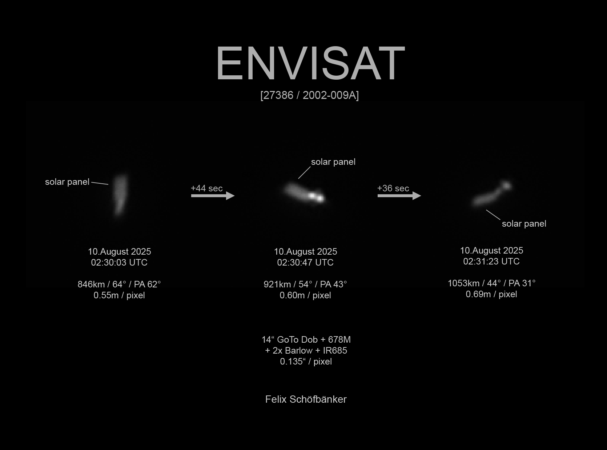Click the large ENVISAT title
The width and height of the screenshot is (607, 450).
310,63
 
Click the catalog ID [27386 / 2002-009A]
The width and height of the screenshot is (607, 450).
310,95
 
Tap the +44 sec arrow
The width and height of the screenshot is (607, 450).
213,196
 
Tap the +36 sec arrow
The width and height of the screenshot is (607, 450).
399,196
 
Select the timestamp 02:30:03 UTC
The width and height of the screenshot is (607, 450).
119,262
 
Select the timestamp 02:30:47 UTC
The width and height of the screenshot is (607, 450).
305,262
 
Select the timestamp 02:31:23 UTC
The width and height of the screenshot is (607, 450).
491,261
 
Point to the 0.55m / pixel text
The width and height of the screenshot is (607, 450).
119,295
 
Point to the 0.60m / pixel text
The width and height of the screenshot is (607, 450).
305,295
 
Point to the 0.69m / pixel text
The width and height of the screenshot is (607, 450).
491,294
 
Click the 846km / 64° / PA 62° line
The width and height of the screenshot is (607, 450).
119,284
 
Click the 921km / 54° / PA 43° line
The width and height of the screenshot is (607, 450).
305,284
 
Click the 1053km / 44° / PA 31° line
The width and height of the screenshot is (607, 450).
491,283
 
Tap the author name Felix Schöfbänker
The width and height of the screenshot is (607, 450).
306,399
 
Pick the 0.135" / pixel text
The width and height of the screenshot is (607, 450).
306,362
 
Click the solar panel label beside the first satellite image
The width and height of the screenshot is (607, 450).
67,182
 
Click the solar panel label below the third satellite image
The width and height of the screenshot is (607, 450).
524,224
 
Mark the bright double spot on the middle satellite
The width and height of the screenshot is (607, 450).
316,197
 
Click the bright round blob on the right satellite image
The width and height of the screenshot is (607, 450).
506,186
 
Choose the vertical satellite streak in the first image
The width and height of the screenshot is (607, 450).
120,195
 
